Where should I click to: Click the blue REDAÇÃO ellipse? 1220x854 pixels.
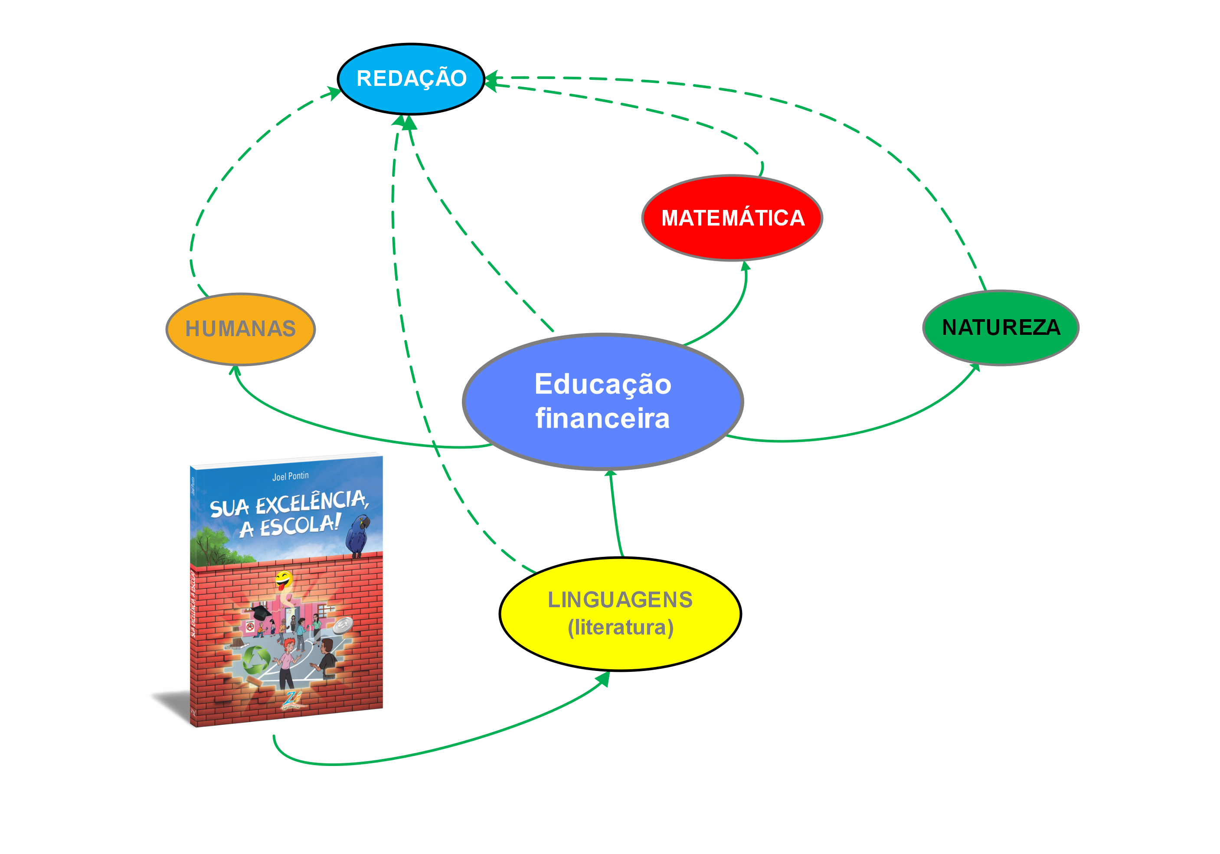click(x=411, y=79)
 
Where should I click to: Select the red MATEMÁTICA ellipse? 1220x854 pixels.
click(x=732, y=218)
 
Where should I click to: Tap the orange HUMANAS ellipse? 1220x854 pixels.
click(x=240, y=328)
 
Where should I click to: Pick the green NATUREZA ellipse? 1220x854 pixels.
click(x=1001, y=327)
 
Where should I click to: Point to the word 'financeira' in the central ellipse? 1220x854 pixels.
click(x=602, y=418)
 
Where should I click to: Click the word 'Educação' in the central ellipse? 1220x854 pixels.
click(x=602, y=384)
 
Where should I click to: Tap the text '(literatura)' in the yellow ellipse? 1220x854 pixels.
click(x=620, y=628)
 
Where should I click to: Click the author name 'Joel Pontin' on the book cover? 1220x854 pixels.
click(x=290, y=476)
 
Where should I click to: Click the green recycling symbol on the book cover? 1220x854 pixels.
click(x=256, y=661)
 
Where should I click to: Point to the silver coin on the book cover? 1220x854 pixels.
click(x=343, y=625)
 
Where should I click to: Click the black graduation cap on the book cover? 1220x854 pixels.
click(x=260, y=612)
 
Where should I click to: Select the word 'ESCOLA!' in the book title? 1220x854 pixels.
click(x=300, y=526)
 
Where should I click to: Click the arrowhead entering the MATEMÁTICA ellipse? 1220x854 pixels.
click(x=746, y=266)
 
